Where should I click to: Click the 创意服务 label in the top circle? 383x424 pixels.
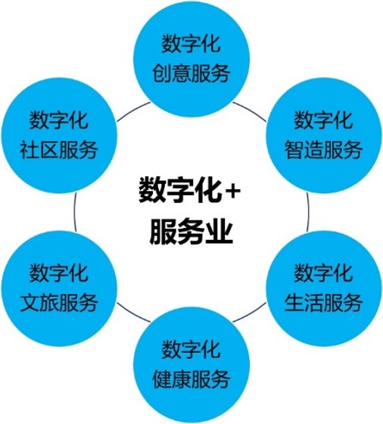[x=191, y=73]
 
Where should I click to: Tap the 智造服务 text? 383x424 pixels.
[x=323, y=150]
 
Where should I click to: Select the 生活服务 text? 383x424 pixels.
[x=323, y=302]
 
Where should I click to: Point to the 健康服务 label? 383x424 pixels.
[x=191, y=379]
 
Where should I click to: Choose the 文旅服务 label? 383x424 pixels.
[x=59, y=302]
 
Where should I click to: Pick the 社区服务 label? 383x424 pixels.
[x=59, y=150]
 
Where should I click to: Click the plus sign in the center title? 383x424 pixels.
[x=232, y=192]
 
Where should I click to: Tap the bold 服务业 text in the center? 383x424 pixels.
[x=191, y=232]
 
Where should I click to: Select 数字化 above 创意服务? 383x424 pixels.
[x=191, y=44]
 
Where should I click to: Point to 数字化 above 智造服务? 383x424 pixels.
[x=323, y=120]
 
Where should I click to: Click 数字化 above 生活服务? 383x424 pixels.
[x=323, y=273]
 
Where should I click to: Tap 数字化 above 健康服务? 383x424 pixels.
[x=191, y=349]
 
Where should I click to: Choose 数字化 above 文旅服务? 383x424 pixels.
[x=59, y=273]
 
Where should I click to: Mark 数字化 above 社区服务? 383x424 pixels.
[x=59, y=120]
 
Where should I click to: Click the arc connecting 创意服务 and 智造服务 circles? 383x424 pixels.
[x=251, y=110]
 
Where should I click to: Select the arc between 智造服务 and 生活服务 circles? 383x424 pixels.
[x=308, y=212]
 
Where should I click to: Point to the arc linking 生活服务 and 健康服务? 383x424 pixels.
[x=251, y=313]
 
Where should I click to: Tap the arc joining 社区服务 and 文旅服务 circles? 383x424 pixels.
[x=74, y=212]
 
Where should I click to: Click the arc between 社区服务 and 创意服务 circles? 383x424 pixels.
[x=132, y=110]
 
